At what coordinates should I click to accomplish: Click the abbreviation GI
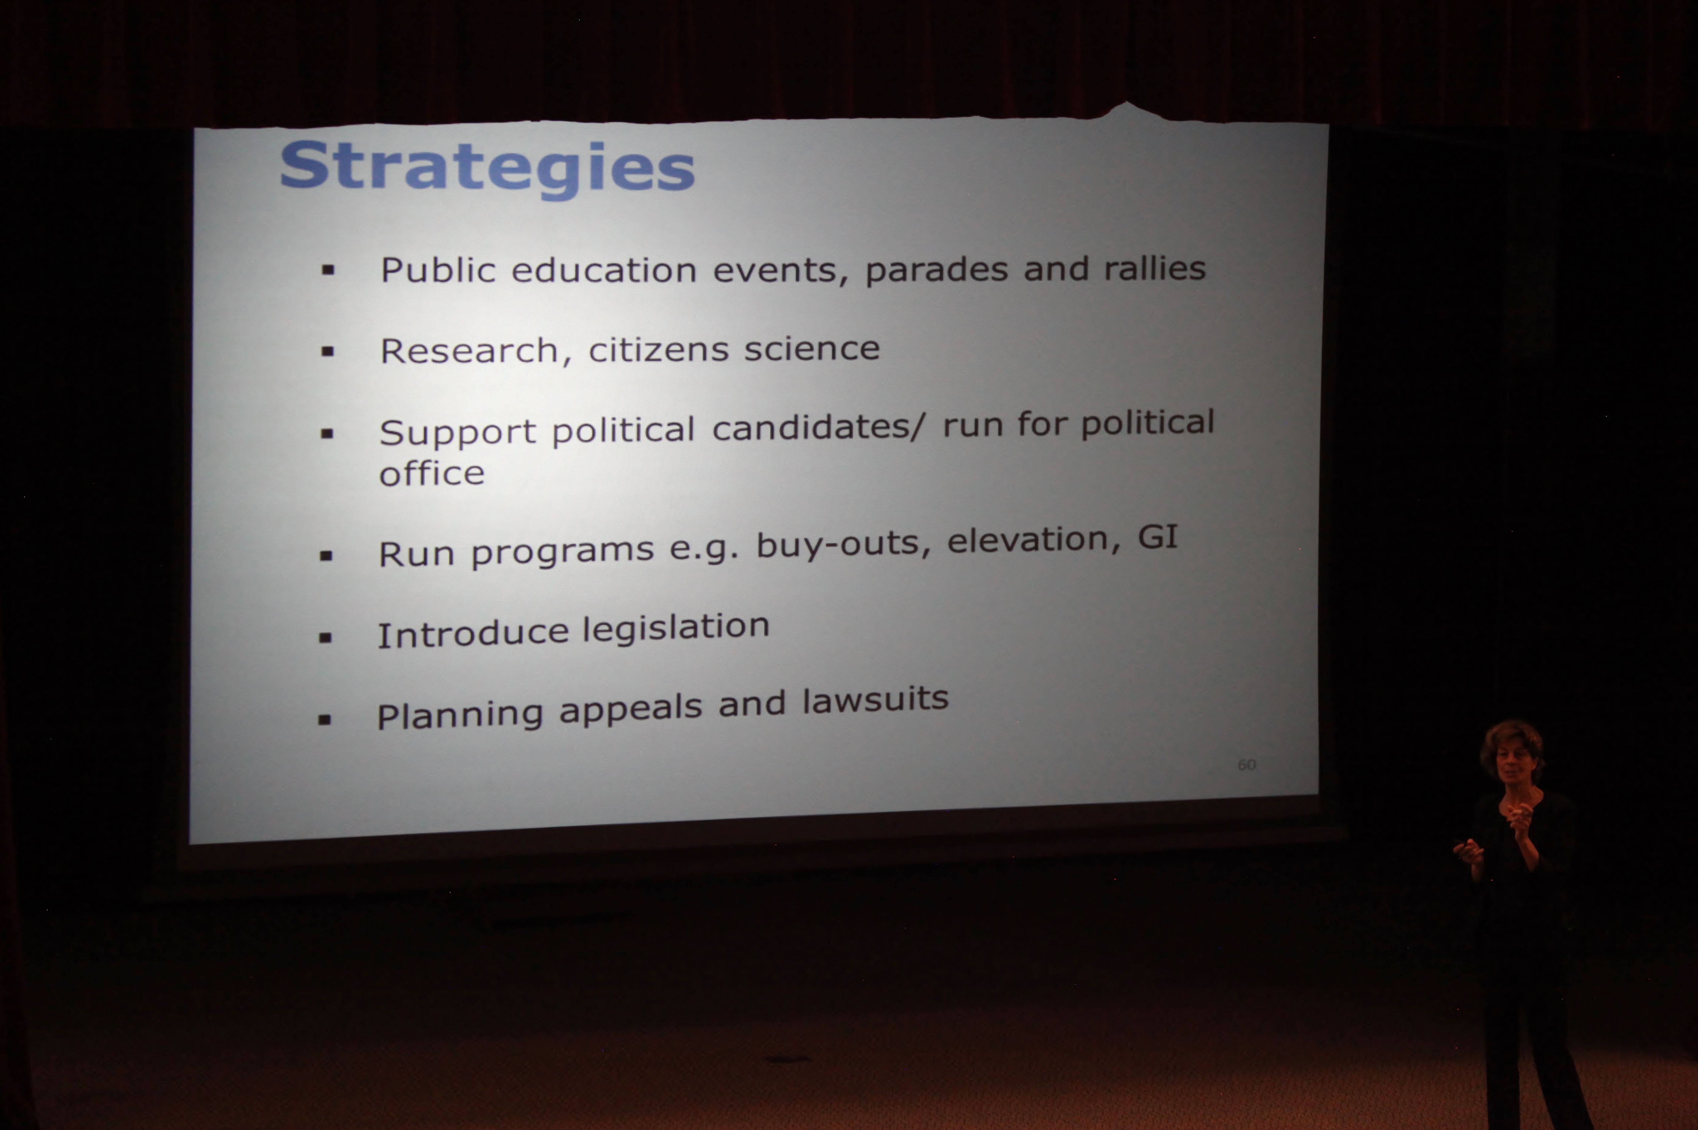[x=1157, y=537]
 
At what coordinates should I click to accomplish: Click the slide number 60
[x=1246, y=765]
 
